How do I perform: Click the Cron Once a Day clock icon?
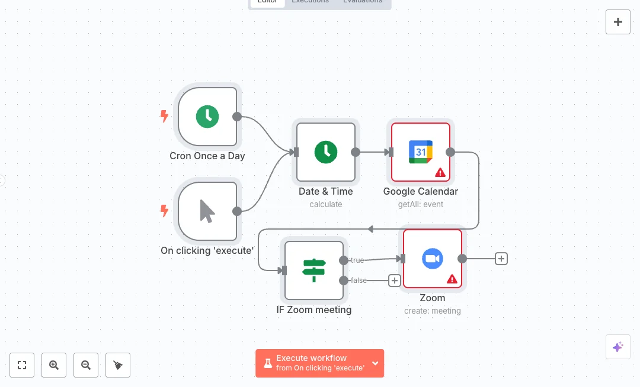207,117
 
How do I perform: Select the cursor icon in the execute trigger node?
207,211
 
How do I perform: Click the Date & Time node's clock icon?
326,152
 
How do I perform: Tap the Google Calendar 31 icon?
421,152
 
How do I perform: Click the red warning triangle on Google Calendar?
440,173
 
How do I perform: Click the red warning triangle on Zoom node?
452,279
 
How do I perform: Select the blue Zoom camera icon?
433,259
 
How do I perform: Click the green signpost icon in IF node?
314,270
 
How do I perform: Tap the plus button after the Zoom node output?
501,259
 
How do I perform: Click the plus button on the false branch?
395,280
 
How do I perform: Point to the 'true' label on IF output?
357,260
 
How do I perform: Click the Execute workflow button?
312,363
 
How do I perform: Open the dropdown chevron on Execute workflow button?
375,363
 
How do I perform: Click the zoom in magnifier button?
54,365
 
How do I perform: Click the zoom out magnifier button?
86,365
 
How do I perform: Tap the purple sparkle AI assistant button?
617,347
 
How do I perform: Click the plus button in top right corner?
618,22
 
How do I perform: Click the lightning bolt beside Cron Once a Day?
165,116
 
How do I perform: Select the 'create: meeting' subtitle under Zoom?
432,311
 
